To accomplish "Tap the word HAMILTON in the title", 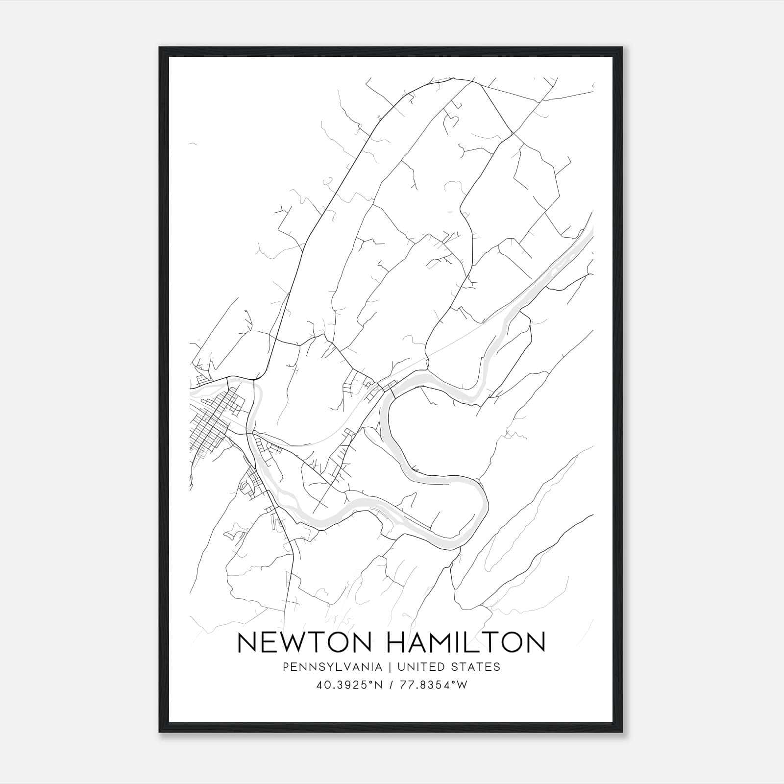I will (467, 642).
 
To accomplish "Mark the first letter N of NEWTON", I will (247, 642).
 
